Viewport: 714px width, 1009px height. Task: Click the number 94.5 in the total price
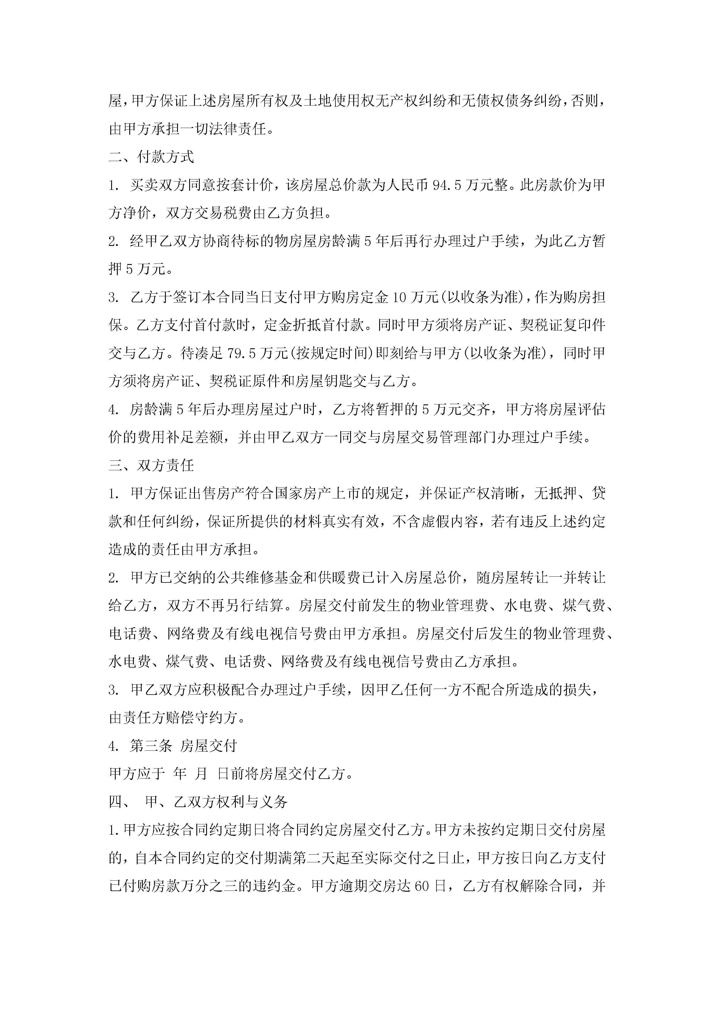(x=447, y=185)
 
